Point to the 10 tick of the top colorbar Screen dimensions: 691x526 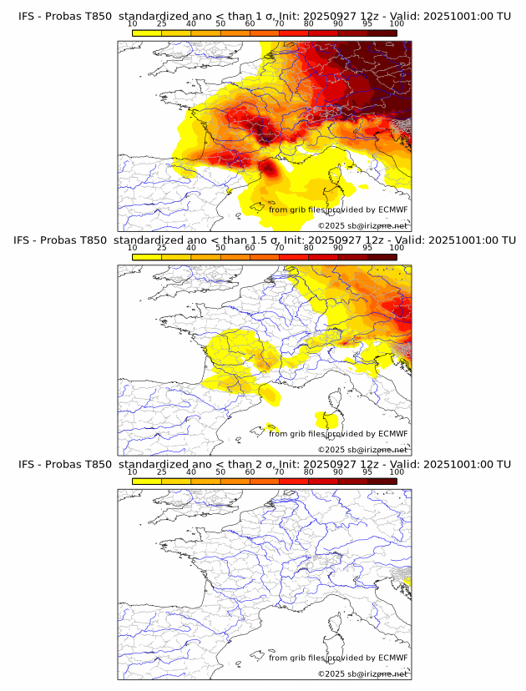[x=133, y=23]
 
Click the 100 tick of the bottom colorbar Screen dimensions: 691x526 [x=397, y=472]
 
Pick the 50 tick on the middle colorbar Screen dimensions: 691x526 [x=220, y=248]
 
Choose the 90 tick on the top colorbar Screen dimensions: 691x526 [x=338, y=23]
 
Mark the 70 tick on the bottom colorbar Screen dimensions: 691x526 [x=280, y=472]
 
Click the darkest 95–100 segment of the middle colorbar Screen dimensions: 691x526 [x=382, y=256]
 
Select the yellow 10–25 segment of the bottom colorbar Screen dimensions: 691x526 [x=147, y=481]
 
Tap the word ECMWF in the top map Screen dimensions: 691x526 [x=392, y=209]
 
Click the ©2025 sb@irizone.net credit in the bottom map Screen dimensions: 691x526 [x=362, y=674]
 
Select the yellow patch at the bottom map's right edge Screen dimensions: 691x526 [x=407, y=579]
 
